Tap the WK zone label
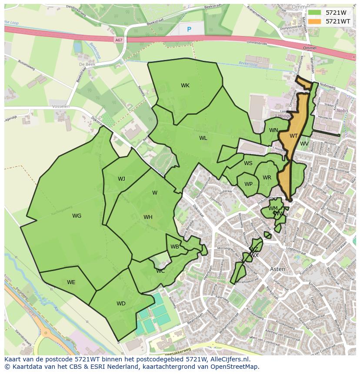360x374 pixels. click(185, 86)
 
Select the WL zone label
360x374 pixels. click(203, 138)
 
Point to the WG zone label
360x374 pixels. click(77, 216)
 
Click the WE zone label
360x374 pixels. click(71, 282)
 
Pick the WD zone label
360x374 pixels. click(121, 304)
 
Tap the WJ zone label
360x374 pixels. click(121, 179)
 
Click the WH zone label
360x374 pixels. click(148, 217)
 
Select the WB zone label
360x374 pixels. click(175, 247)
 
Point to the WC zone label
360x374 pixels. click(160, 271)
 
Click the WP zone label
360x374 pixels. click(248, 184)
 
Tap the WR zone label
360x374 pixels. click(267, 178)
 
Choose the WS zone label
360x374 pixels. click(248, 163)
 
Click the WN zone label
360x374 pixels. click(273, 130)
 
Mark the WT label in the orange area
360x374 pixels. click(294, 136)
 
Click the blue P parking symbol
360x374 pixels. click(189, 30)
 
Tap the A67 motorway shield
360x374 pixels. click(119, 40)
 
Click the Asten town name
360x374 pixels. click(278, 269)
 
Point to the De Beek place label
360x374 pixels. click(87, 64)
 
